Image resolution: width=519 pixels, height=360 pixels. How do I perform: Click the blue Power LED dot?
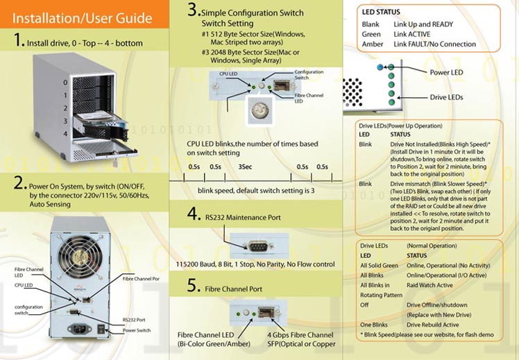click(381, 67)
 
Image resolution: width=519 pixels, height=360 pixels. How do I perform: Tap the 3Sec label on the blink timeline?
click(244, 166)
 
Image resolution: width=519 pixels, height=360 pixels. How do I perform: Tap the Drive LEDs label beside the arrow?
click(446, 97)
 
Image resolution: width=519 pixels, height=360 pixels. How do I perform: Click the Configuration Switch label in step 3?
click(309, 75)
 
